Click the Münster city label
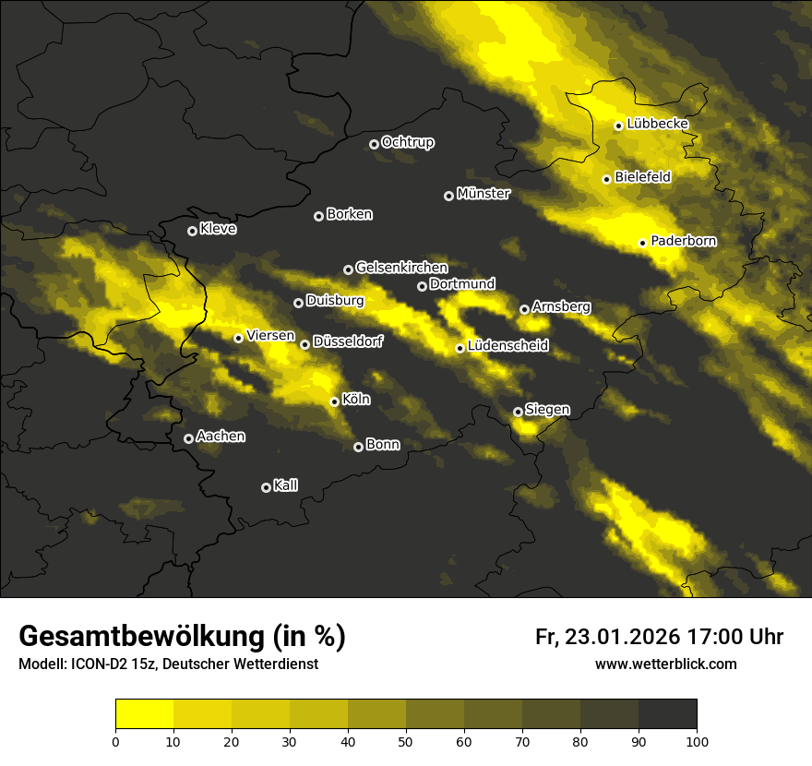(483, 194)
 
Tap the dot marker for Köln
(334, 401)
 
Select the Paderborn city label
(683, 241)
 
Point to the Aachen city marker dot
(188, 438)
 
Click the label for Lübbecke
(657, 124)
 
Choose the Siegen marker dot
(518, 412)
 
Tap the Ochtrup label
(407, 142)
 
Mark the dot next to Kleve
(192, 231)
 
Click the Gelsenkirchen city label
(401, 268)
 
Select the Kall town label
(285, 485)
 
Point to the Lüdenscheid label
(507, 346)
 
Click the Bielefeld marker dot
(606, 179)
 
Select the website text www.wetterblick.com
(665, 664)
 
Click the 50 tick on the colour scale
(406, 741)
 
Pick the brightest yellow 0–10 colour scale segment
(145, 714)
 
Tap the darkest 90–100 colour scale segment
(667, 714)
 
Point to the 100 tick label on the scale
(697, 741)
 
